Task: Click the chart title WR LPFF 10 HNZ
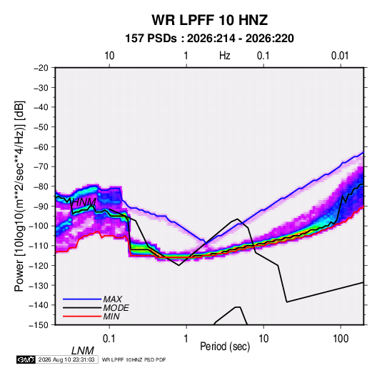(x=210, y=20)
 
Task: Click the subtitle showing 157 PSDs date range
(x=209, y=39)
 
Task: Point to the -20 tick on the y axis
(x=41, y=68)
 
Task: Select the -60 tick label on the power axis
(x=41, y=146)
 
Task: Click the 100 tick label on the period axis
(x=341, y=339)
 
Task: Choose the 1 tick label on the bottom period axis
(x=186, y=339)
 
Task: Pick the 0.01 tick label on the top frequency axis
(x=340, y=56)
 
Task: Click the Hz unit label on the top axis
(x=225, y=56)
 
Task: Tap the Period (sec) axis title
(x=225, y=347)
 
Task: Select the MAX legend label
(x=112, y=299)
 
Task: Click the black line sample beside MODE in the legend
(x=82, y=308)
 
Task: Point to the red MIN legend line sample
(x=82, y=317)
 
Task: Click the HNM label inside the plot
(x=84, y=202)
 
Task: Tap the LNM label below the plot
(x=82, y=351)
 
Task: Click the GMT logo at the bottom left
(x=26, y=359)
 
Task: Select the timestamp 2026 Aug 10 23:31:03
(x=66, y=359)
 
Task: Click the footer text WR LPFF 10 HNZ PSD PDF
(x=134, y=359)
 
